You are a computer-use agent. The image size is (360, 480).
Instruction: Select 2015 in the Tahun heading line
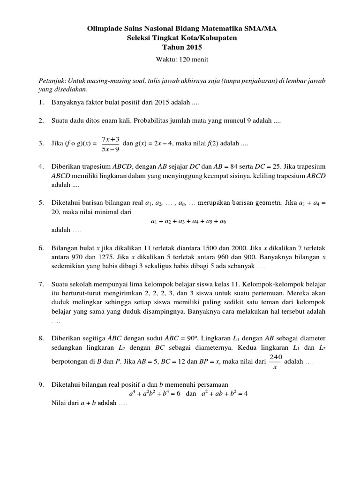click(194, 47)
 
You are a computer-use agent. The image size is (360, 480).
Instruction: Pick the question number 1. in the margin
click(41, 102)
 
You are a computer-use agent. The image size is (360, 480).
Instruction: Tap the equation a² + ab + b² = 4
click(224, 394)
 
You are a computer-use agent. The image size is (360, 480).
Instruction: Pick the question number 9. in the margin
click(41, 384)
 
